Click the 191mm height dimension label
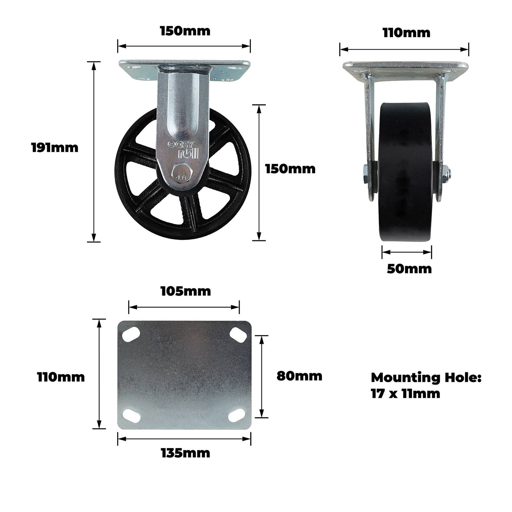tap(55, 148)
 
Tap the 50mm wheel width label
tap(409, 269)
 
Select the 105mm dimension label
tap(186, 292)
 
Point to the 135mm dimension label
tap(186, 453)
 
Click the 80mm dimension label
tap(299, 376)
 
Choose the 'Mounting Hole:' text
tap(426, 378)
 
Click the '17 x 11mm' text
tap(405, 394)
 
